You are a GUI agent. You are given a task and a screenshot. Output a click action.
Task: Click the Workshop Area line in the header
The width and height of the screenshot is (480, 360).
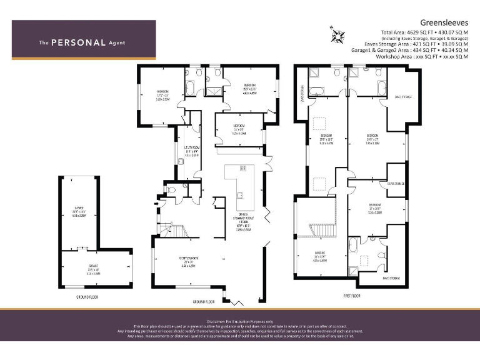(x=422, y=56)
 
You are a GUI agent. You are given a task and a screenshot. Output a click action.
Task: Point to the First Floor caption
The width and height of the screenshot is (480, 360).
(x=352, y=295)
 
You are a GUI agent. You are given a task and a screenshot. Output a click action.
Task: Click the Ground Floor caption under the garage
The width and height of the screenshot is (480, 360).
(x=87, y=297)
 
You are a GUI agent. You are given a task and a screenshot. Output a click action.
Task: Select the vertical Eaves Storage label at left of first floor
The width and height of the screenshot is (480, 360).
(x=302, y=94)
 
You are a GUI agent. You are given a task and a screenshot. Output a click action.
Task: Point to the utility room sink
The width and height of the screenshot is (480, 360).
(x=181, y=161)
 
